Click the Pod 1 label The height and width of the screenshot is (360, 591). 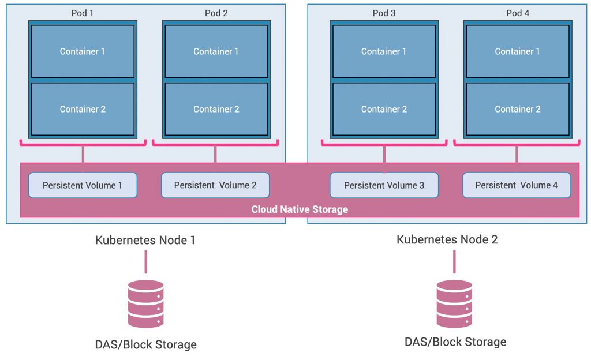[83, 13]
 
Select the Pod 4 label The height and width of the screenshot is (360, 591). [518, 13]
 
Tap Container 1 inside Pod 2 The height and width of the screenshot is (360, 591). [216, 51]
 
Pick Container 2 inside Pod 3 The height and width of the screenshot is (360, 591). [384, 109]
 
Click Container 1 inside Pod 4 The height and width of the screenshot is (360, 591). [518, 51]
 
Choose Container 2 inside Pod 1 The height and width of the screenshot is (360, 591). [83, 109]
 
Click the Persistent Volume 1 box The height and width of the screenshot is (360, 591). [83, 185]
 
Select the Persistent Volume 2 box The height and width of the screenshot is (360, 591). [215, 185]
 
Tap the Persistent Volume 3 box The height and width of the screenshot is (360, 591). [384, 185]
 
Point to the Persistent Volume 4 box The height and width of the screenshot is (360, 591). [517, 185]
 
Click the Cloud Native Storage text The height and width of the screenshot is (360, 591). [300, 209]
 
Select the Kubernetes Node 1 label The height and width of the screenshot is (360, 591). [145, 240]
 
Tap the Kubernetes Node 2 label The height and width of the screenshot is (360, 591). [447, 239]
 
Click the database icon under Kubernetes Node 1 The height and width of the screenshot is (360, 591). [145, 304]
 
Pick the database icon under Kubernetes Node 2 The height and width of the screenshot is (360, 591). [454, 304]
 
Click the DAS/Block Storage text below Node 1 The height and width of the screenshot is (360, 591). [145, 344]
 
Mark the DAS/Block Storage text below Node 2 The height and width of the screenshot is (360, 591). [455, 342]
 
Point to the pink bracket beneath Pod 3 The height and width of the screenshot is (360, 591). [384, 142]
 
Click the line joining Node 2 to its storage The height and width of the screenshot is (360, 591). [454, 262]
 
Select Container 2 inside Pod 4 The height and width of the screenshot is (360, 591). [518, 109]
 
